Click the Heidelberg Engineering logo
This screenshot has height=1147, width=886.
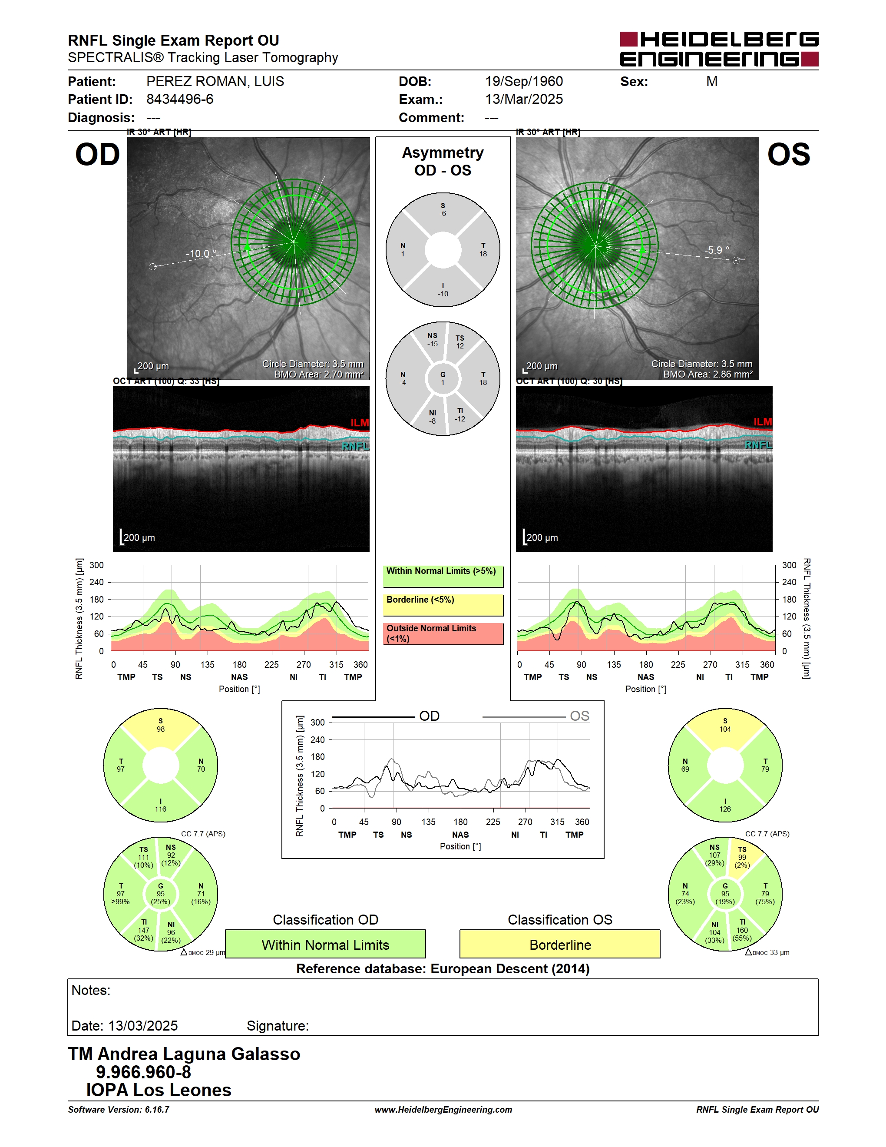pos(719,50)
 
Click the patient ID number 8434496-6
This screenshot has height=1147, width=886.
pos(179,99)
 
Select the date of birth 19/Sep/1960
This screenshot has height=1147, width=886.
pos(524,81)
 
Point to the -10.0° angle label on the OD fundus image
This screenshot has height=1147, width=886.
pos(201,254)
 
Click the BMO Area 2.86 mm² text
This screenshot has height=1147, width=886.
pos(707,375)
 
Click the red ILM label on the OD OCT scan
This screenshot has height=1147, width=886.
pos(360,423)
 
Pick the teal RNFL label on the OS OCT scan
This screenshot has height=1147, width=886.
pos(758,445)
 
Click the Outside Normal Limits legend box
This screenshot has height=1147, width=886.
pos(443,633)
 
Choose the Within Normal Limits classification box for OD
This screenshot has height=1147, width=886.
pos(325,944)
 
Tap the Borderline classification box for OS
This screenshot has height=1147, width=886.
pos(560,944)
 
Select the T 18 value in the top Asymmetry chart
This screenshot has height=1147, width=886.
pos(483,249)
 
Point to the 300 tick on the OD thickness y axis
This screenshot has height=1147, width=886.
pos(96,565)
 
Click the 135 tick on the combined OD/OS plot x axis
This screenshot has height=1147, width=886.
pos(428,822)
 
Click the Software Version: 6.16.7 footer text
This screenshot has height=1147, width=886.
pos(119,1110)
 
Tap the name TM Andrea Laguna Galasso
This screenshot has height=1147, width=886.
pos(184,1054)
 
